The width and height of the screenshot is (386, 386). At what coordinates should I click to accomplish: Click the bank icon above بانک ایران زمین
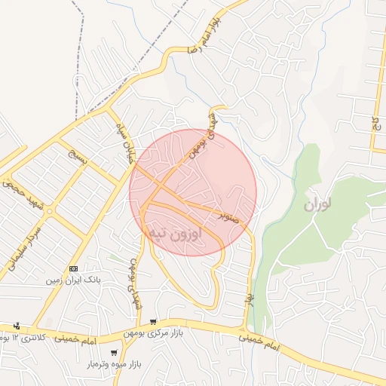click(x=73, y=268)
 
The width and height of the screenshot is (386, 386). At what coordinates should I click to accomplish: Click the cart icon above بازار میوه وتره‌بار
click(x=113, y=352)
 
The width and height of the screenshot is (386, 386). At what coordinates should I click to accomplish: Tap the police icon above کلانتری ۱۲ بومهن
click(x=17, y=326)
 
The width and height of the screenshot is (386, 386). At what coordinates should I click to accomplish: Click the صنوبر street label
click(x=229, y=216)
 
